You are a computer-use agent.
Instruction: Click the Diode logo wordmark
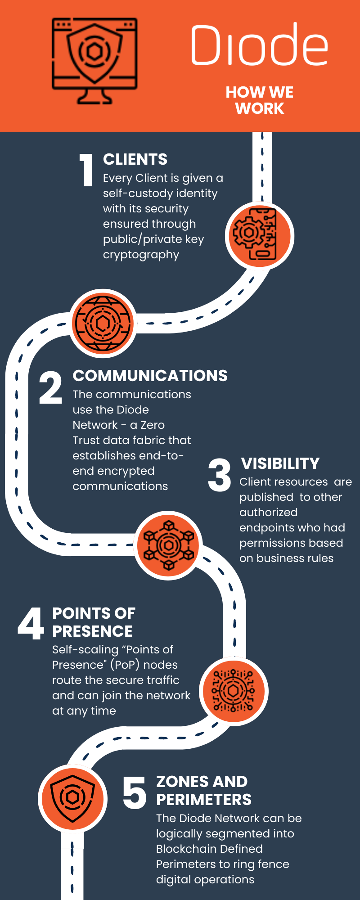(x=259, y=45)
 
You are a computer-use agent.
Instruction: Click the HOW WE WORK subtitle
(x=260, y=100)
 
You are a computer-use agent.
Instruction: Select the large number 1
(x=86, y=170)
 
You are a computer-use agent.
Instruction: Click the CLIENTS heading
(x=135, y=159)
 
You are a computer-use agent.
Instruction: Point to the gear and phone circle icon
(x=259, y=234)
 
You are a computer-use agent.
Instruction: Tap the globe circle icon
(x=103, y=323)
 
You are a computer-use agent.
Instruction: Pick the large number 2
(x=50, y=388)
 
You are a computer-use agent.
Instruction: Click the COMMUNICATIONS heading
(x=150, y=376)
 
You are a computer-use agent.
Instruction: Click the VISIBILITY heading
(x=280, y=463)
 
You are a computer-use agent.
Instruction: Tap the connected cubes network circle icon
(x=168, y=545)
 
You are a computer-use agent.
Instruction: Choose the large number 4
(x=31, y=623)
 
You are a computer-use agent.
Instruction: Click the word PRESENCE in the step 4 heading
(x=92, y=631)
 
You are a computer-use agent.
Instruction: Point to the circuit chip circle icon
(x=233, y=691)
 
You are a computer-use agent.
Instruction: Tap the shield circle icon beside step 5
(x=72, y=798)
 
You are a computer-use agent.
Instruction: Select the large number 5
(x=134, y=792)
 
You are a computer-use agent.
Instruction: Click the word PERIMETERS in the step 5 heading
(x=204, y=800)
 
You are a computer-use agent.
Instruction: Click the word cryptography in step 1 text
(x=141, y=255)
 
